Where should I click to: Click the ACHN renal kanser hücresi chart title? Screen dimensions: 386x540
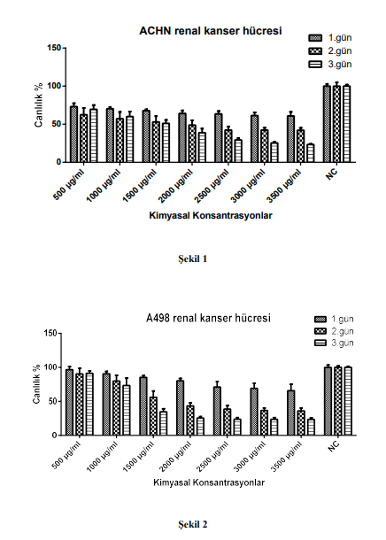(x=211, y=31)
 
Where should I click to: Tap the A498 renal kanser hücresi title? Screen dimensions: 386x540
(x=208, y=318)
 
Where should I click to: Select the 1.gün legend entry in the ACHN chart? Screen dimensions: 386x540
(x=330, y=37)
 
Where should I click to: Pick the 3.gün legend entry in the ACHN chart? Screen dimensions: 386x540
(x=330, y=65)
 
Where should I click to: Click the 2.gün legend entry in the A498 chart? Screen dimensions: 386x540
(x=334, y=331)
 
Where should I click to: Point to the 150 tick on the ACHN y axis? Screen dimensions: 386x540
(x=54, y=48)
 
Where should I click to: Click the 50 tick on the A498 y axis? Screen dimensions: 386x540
(x=52, y=401)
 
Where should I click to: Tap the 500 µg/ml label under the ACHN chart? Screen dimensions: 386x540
(x=70, y=184)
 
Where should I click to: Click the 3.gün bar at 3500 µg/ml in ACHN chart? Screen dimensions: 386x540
(x=311, y=153)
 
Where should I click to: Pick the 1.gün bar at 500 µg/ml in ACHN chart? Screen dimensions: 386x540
(x=73, y=135)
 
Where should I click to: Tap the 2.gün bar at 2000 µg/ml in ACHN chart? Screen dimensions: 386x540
(x=192, y=143)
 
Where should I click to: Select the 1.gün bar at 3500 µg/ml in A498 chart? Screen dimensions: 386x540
(x=291, y=413)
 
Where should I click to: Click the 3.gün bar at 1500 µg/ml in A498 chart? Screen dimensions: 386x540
(x=164, y=423)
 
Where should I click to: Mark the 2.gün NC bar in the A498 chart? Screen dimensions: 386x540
(x=338, y=401)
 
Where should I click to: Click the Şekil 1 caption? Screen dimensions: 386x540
(x=193, y=259)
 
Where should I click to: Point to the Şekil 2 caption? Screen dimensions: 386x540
(x=193, y=525)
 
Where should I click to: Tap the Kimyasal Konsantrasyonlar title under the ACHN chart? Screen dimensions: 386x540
(x=211, y=216)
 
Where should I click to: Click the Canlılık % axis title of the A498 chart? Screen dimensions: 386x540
(x=37, y=384)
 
